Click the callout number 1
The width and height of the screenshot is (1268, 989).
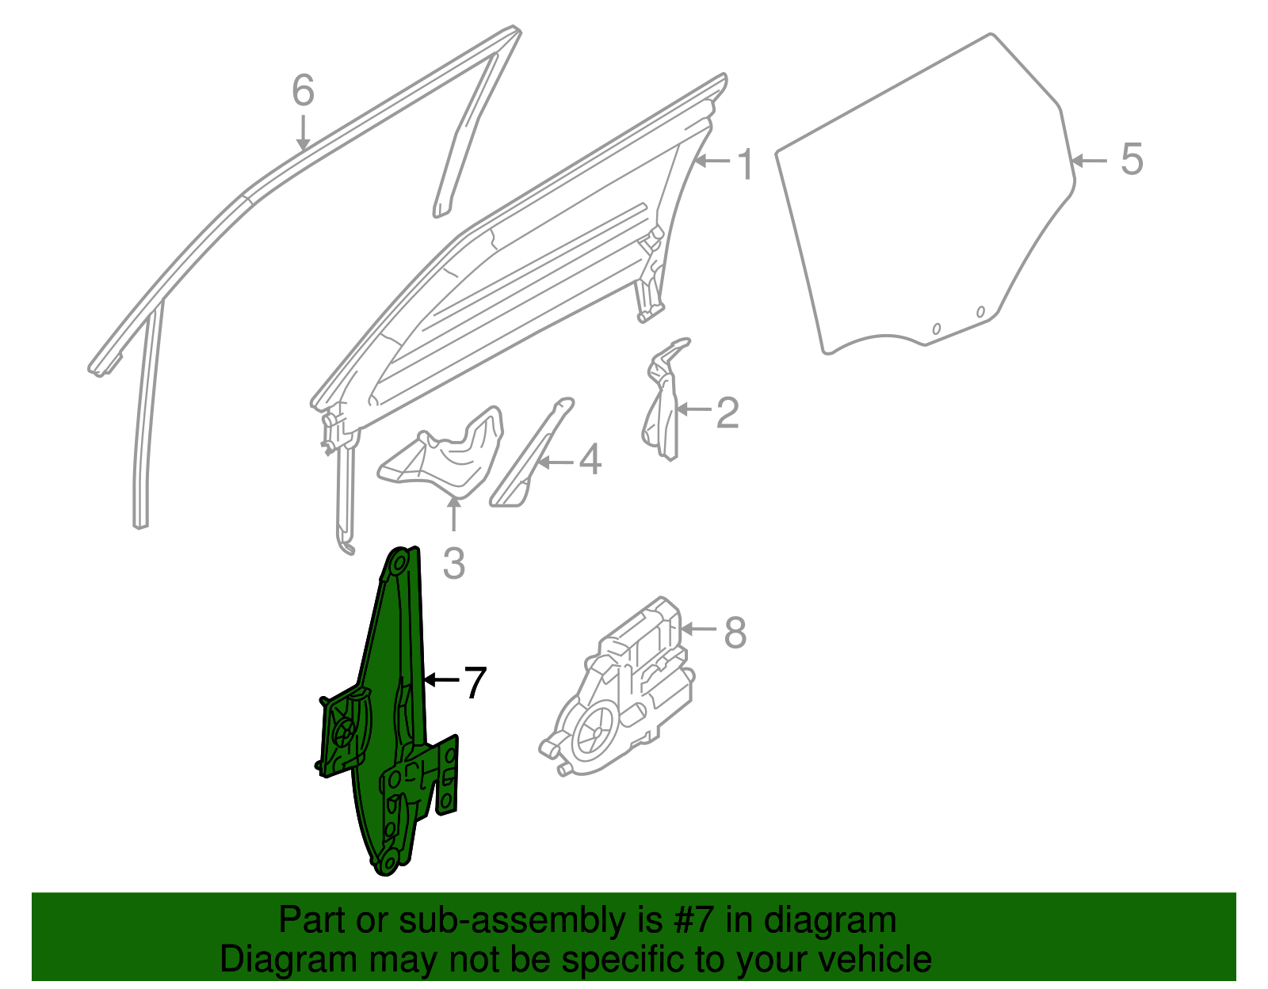(745, 164)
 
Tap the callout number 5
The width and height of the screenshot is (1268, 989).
(1132, 159)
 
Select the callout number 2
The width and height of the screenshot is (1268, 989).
(727, 413)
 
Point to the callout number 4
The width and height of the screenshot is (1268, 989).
(590, 460)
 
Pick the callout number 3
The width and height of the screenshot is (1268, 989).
(453, 564)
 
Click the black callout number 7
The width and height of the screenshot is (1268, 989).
(473, 683)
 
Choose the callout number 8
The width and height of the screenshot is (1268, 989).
(735, 633)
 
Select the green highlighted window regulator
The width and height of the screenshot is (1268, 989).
(388, 713)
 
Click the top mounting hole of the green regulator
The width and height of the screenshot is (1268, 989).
(399, 564)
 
